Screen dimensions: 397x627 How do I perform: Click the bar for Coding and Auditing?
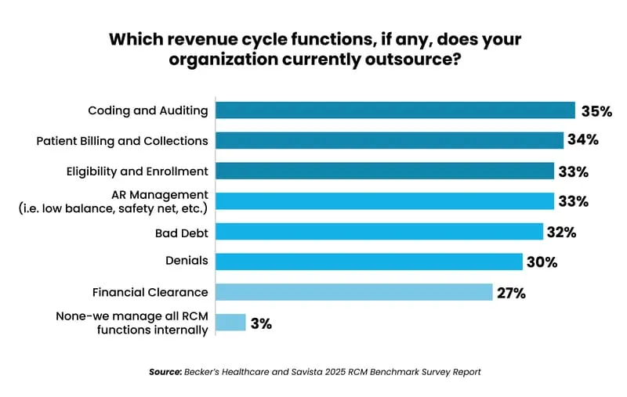click(395, 110)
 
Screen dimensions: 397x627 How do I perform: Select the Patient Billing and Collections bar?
click(390, 140)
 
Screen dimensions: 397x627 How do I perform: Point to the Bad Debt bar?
click(379, 232)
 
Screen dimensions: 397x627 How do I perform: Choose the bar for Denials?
click(368, 262)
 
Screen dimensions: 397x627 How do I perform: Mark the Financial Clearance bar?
click(353, 292)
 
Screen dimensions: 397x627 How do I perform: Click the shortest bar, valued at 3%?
click(230, 323)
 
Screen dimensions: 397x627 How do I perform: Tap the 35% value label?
click(596, 111)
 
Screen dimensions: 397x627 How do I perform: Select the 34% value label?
click(584, 141)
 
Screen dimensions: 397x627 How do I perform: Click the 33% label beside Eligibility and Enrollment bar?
click(573, 171)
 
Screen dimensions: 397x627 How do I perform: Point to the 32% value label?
click(562, 233)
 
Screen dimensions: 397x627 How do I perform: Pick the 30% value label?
click(542, 262)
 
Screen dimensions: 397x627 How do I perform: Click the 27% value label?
click(511, 293)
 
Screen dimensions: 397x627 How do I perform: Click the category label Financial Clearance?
click(150, 292)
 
